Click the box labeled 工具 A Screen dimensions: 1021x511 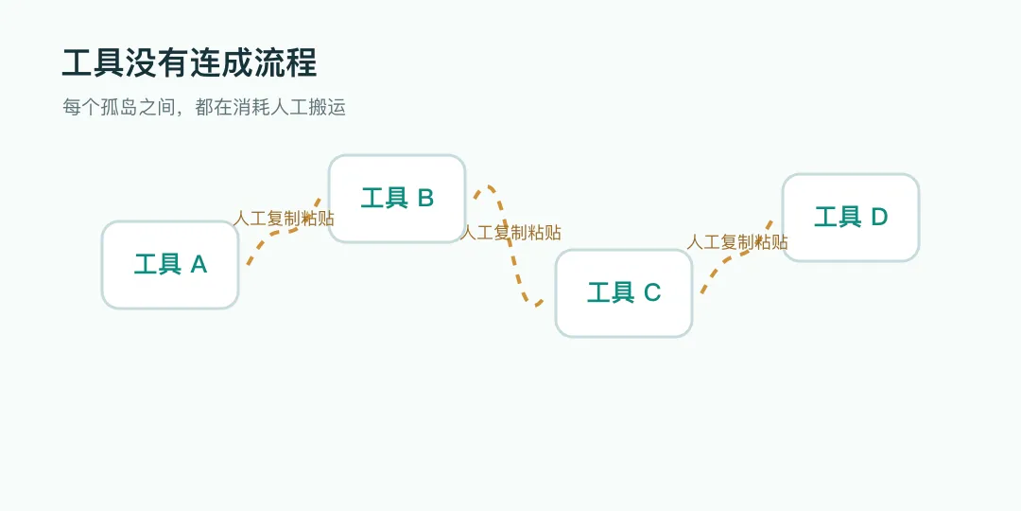click(170, 265)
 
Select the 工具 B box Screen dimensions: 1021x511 click(397, 199)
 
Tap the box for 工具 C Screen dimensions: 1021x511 click(624, 293)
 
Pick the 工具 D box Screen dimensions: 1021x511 click(851, 218)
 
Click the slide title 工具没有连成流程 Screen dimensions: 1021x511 click(189, 64)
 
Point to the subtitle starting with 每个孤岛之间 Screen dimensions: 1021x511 click(204, 108)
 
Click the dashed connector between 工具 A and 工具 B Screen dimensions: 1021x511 click(280, 231)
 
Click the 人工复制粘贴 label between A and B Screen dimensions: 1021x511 click(284, 219)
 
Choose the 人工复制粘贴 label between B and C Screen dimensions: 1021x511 click(510, 233)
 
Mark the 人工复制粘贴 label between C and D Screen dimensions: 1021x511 click(737, 242)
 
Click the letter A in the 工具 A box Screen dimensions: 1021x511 click(199, 265)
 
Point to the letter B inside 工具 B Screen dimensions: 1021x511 click(425, 198)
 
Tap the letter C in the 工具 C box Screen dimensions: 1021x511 click(652, 293)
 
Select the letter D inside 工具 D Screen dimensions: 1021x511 click(879, 218)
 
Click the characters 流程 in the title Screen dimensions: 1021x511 click(286, 64)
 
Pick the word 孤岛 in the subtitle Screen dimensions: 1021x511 click(119, 108)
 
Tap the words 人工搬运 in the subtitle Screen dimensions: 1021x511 click(308, 108)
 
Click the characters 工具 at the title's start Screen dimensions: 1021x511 click(94, 64)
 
